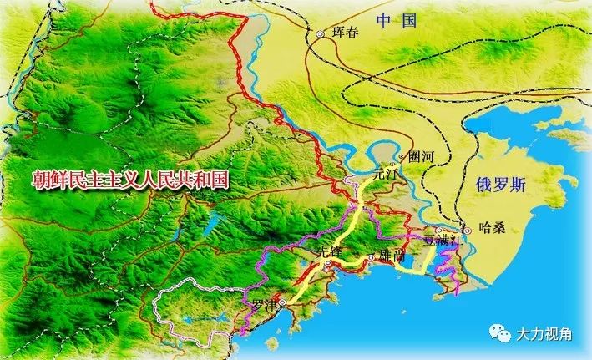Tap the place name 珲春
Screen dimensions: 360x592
click(343, 33)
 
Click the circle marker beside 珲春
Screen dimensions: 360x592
click(320, 33)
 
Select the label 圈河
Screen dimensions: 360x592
click(422, 156)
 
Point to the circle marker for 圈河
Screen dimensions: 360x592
click(402, 156)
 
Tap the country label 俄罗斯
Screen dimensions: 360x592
click(501, 185)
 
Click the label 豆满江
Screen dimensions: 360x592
click(443, 240)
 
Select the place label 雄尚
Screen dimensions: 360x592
click(392, 256)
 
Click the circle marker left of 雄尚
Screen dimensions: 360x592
click(372, 257)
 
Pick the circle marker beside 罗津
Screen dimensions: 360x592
click(283, 302)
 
